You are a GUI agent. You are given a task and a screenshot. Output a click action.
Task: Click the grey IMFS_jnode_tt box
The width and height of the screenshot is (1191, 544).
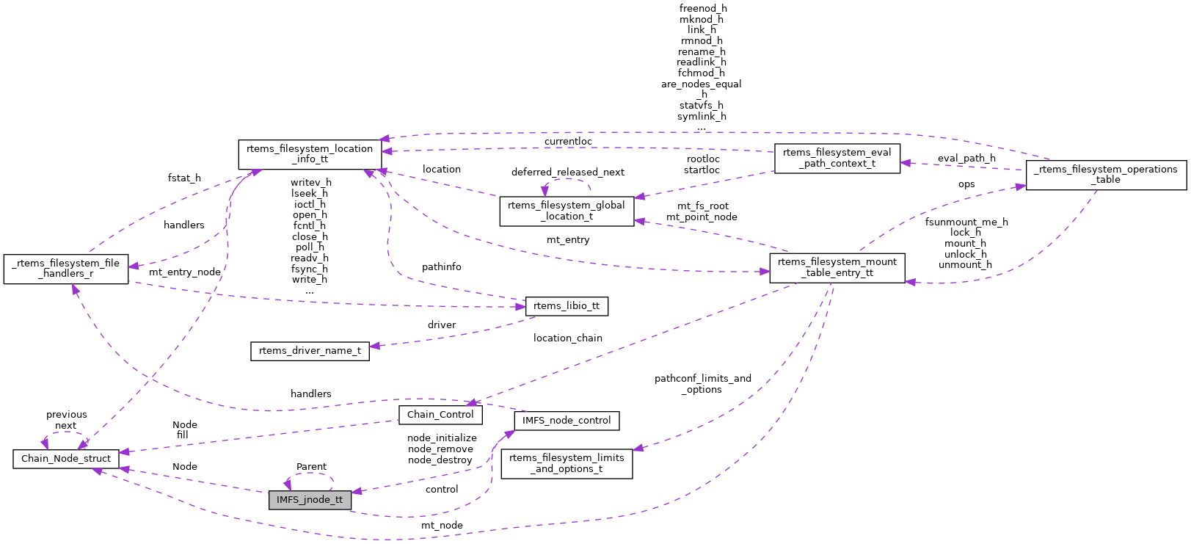(x=310, y=500)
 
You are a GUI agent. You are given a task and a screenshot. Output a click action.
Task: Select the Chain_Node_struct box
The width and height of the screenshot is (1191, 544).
(x=66, y=459)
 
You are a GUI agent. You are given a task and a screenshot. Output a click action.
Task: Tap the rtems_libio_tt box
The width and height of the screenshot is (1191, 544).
(x=567, y=306)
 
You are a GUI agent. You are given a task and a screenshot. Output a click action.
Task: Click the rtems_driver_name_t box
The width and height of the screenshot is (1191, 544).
(x=310, y=351)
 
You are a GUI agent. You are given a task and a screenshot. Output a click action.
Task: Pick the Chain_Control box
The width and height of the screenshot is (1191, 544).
(x=440, y=415)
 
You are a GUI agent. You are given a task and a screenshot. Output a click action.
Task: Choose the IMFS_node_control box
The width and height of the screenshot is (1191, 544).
(x=567, y=421)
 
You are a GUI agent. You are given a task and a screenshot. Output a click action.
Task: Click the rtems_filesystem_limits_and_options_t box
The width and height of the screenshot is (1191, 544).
(x=567, y=463)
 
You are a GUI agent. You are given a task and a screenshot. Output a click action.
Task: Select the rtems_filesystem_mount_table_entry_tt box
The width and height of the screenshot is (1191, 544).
(x=837, y=267)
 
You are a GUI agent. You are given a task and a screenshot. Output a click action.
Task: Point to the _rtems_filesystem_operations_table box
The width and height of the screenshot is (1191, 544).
(x=1105, y=175)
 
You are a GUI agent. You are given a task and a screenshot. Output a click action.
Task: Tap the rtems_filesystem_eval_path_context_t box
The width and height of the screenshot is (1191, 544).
(x=837, y=158)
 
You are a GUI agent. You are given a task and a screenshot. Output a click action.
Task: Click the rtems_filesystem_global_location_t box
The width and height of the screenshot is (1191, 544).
(x=567, y=211)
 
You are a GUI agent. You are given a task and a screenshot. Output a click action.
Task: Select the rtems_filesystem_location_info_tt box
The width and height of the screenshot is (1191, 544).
(x=310, y=154)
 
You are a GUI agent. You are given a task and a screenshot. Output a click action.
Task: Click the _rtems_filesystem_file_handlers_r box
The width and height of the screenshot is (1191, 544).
(x=66, y=269)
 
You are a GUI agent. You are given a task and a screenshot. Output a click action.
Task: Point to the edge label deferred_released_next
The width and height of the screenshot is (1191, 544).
(x=567, y=173)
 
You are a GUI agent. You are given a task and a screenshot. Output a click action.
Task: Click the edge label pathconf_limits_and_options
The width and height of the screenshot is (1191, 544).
(x=702, y=384)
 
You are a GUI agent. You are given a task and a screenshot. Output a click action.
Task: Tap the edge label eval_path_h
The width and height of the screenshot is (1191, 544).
(x=966, y=158)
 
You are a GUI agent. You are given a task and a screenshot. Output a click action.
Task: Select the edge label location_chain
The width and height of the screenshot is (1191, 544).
(x=567, y=338)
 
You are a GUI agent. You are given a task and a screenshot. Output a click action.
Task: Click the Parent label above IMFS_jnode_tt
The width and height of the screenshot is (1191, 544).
(x=311, y=467)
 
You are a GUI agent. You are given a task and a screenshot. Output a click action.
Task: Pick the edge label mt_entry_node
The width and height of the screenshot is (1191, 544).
(x=184, y=272)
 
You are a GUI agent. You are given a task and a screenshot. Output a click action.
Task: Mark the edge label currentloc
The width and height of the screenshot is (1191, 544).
(x=567, y=142)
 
